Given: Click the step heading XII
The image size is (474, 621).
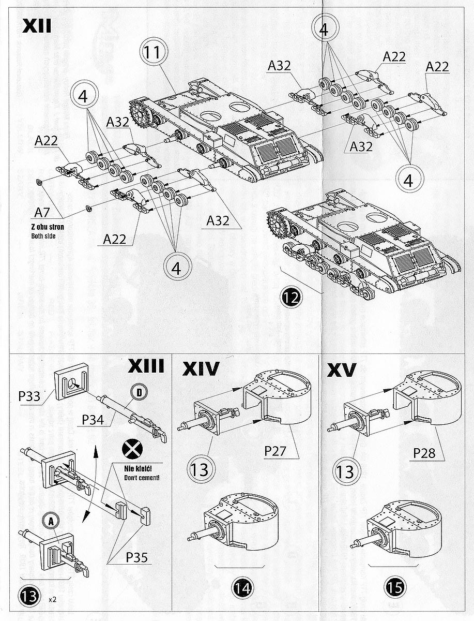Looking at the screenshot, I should [x=37, y=26].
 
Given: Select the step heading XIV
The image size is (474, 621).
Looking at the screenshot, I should [x=201, y=369].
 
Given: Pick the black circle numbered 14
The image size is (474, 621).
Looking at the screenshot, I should [x=243, y=588].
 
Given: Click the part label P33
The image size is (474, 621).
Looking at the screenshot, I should [x=30, y=396].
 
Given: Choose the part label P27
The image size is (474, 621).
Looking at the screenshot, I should [x=276, y=450].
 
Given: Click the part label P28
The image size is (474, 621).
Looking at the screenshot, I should [x=424, y=453].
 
